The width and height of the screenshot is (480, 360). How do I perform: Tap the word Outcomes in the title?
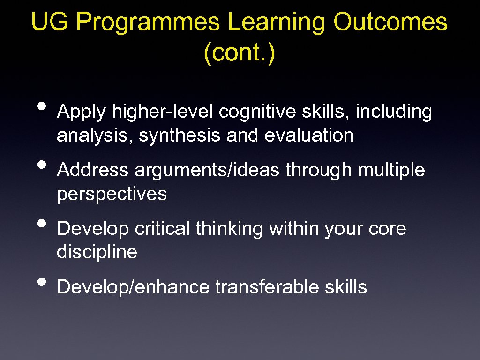point(390,22)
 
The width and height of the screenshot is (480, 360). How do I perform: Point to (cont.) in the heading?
point(240,53)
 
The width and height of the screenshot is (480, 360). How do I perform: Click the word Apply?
point(82,112)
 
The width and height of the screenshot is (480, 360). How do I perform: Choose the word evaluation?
point(309,135)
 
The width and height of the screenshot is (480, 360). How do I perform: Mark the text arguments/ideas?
point(208,171)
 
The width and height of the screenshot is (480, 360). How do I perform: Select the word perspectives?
point(112,194)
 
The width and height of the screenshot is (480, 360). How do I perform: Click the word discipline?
point(97,252)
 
